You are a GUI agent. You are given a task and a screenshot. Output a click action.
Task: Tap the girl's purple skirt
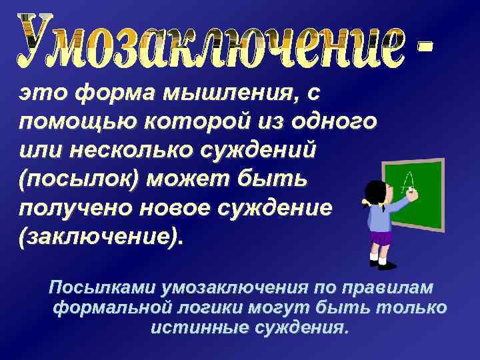click(x=382, y=237)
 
